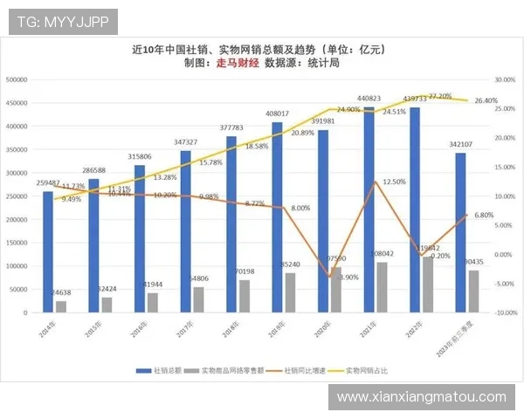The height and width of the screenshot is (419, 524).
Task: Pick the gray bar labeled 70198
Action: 245,296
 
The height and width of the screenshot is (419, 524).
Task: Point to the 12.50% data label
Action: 395,182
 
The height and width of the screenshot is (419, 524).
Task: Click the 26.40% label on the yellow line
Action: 486,101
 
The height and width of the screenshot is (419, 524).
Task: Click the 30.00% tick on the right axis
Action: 506,79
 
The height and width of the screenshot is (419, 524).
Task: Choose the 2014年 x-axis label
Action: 48,330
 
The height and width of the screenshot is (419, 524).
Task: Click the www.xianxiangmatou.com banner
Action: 421,397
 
